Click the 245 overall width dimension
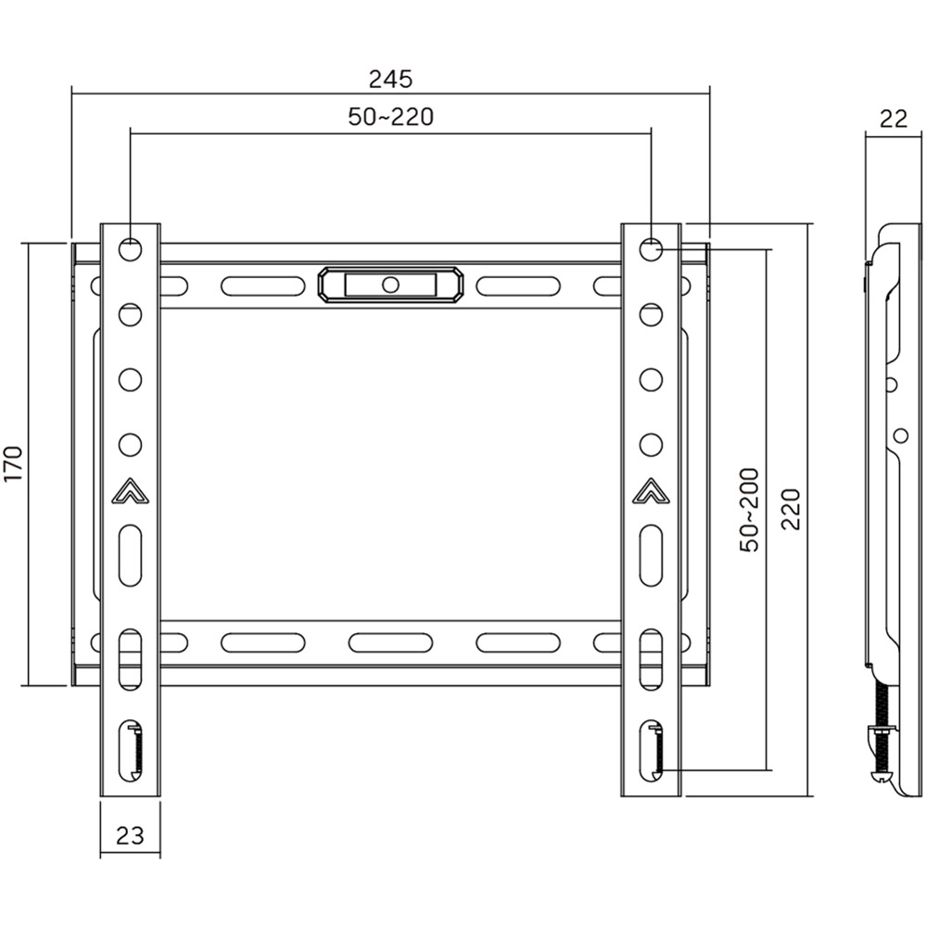[389, 79]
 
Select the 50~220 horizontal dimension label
[390, 118]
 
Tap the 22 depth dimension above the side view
[893, 118]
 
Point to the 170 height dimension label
[13, 463]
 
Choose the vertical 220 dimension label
[791, 510]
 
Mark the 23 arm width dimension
[130, 835]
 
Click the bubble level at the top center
[389, 284]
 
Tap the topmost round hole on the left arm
[131, 248]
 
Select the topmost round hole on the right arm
[652, 248]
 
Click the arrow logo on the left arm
[131, 492]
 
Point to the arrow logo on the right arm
[652, 492]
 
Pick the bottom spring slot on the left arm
[131, 747]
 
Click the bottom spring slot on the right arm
[652, 747]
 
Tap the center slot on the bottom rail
[390, 641]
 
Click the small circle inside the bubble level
[390, 284]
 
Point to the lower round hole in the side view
[899, 434]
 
